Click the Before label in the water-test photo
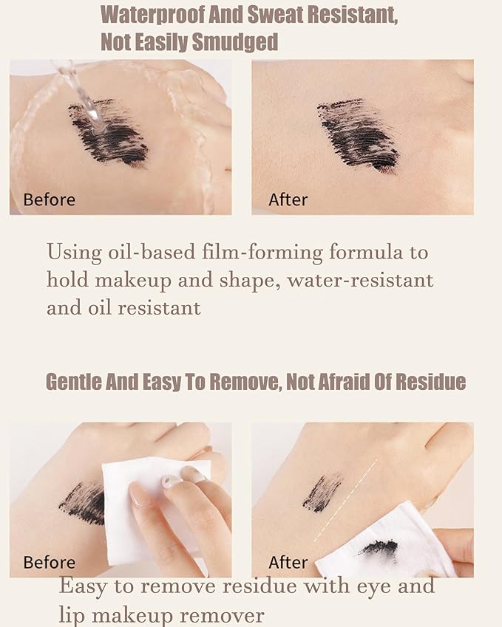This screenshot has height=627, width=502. pos(50,199)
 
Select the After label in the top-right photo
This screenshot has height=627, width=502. pos(288,199)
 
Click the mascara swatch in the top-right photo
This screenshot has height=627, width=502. pos(358,136)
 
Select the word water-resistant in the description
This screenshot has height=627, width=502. pos(360,280)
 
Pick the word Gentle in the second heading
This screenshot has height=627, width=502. pos(73,382)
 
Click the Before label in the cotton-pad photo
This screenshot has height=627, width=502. pos(50,562)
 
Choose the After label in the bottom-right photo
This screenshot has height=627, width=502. pos(288,562)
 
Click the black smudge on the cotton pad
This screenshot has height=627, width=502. pos(379,548)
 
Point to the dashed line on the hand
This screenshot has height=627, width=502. pos(346,501)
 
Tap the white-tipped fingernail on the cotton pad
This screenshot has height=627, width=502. pos(171,481)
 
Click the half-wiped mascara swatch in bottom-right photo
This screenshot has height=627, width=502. pos(322,493)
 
